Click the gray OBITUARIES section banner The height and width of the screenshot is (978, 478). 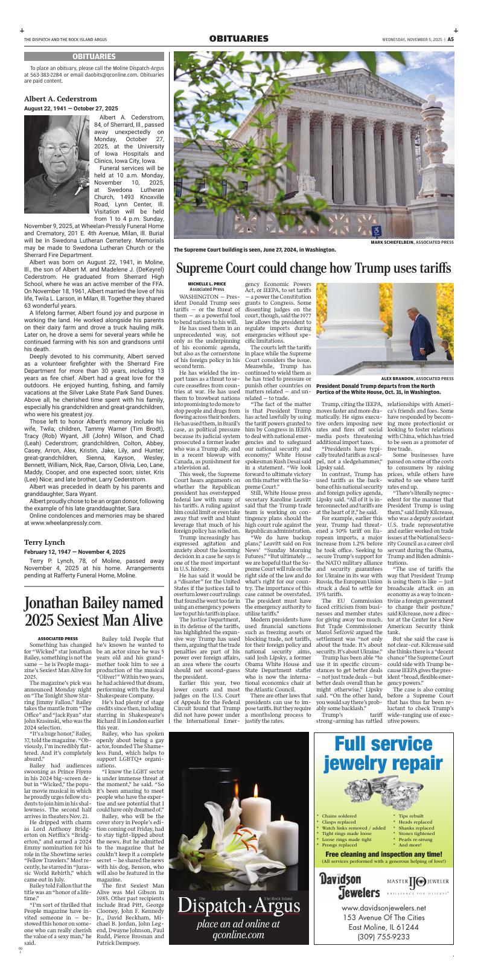point(94,56)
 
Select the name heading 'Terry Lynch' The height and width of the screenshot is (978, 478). point(45,526)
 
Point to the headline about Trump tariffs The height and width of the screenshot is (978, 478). point(313,267)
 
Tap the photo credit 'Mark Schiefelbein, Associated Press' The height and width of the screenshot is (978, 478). point(413,242)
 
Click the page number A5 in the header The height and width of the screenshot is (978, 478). point(451,39)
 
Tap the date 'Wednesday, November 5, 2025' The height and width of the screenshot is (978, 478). point(412,39)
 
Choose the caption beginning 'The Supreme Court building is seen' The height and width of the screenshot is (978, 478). point(254,249)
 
